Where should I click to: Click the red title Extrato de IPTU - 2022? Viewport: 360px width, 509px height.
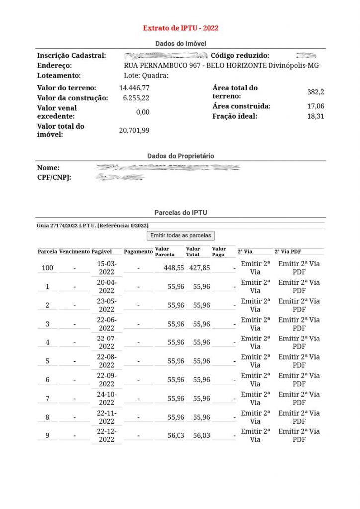[x=180, y=28]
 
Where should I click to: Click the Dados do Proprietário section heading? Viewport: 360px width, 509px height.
[x=180, y=156]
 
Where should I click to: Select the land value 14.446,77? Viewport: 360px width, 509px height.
[x=134, y=88]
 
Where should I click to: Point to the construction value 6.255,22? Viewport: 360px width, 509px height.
[x=136, y=98]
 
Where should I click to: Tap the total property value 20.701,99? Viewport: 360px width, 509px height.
[x=134, y=130]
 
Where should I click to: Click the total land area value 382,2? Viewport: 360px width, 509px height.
[x=315, y=92]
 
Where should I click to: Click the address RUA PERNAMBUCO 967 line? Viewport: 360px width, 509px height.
[x=221, y=66]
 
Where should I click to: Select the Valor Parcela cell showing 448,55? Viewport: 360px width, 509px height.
[x=174, y=268]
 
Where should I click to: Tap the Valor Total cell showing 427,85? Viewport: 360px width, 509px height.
[x=199, y=268]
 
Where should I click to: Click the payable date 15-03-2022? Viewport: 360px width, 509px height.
[x=106, y=268]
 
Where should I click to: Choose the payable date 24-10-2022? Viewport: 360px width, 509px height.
[x=106, y=399]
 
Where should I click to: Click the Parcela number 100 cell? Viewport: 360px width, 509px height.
[x=47, y=268]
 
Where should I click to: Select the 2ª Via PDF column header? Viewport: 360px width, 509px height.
[x=288, y=252]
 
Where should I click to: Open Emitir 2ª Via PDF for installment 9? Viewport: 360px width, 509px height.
[x=299, y=435]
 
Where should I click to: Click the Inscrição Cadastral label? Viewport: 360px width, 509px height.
[x=72, y=56]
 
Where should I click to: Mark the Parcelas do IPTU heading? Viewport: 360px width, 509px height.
[x=180, y=213]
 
